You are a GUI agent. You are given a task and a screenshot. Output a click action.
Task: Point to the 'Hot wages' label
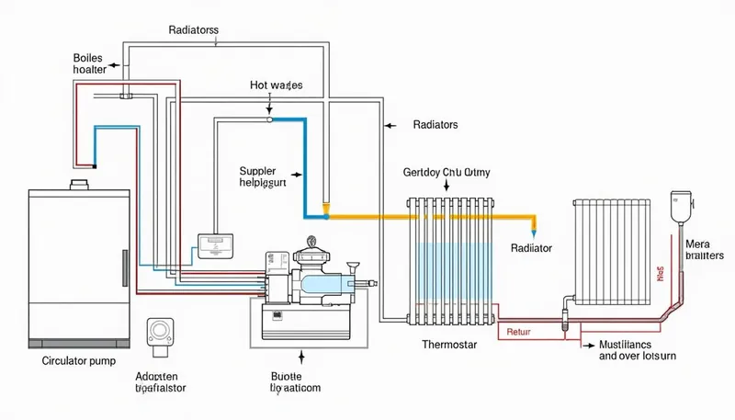pyautogui.click(x=276, y=85)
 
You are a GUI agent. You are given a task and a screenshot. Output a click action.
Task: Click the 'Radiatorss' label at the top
pyautogui.click(x=194, y=29)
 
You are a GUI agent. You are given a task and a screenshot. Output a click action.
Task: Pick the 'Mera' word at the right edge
pyautogui.click(x=698, y=244)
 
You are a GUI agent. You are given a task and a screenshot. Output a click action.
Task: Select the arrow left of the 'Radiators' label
pyautogui.click(x=390, y=124)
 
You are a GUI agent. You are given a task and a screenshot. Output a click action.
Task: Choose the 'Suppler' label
pyautogui.click(x=257, y=171)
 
